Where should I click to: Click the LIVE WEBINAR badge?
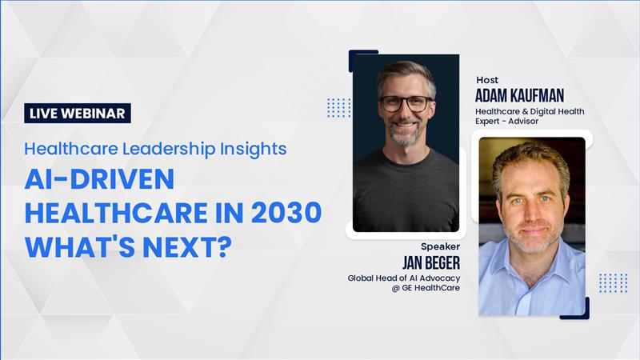[x=78, y=113]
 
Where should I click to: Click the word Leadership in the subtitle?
[x=169, y=150]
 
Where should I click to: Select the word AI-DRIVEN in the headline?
[x=99, y=179]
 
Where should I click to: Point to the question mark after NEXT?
[x=225, y=246]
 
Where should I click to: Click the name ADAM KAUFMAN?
[x=519, y=95]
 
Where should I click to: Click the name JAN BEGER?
[x=431, y=262]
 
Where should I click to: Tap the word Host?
[x=487, y=80]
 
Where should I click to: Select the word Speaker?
[x=441, y=246]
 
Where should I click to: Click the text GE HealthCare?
[x=430, y=288]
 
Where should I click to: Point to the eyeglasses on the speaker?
[x=406, y=103]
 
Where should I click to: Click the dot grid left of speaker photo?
[x=338, y=108]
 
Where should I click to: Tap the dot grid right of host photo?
[x=613, y=283]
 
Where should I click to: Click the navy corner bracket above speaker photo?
[x=359, y=53]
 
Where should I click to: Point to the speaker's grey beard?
[x=405, y=134]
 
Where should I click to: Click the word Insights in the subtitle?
[x=253, y=150]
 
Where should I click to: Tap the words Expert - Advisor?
[x=506, y=122]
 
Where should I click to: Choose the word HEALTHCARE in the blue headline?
[x=116, y=213]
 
